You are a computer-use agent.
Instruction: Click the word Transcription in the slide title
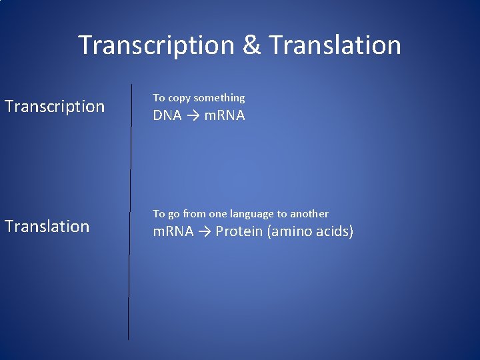[x=156, y=45]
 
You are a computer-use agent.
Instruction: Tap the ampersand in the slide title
[x=252, y=45]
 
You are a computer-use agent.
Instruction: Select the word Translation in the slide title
[x=335, y=45]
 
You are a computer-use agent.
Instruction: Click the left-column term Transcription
[x=55, y=107]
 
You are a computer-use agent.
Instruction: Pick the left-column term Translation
[x=47, y=227]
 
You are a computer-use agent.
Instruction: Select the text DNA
[x=167, y=115]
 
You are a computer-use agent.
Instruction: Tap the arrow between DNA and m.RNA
[x=192, y=115]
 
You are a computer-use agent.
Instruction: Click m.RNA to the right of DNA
[x=224, y=115]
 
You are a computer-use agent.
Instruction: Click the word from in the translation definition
[x=194, y=214]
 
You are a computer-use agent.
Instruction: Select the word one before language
[x=218, y=214]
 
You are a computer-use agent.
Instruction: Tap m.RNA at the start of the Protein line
[x=173, y=231]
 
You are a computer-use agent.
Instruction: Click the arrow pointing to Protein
[x=204, y=231]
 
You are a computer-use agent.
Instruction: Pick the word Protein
[x=239, y=231]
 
